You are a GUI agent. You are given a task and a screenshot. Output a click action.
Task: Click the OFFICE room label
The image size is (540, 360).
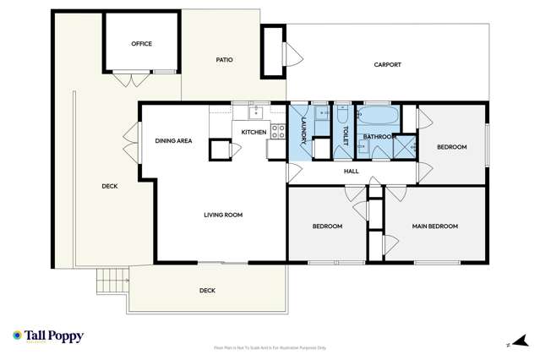pos(141,44)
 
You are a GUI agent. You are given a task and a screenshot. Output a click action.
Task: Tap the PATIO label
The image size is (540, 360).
pos(224,60)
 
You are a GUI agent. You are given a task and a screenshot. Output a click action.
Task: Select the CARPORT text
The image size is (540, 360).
pos(388,65)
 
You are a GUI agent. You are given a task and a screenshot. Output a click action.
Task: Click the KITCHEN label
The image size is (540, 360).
pos(254,133)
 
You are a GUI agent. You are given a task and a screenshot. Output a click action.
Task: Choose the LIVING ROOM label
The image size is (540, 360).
pos(223,215)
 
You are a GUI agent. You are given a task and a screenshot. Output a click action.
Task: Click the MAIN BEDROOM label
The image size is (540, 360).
pos(434,226)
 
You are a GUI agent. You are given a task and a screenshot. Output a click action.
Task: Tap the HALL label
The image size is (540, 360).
pos(352,172)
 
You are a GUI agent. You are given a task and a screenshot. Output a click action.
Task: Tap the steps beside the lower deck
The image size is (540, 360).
pos(111,280)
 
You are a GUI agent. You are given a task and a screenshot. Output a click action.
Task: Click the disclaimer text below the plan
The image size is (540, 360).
pos(270,347)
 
